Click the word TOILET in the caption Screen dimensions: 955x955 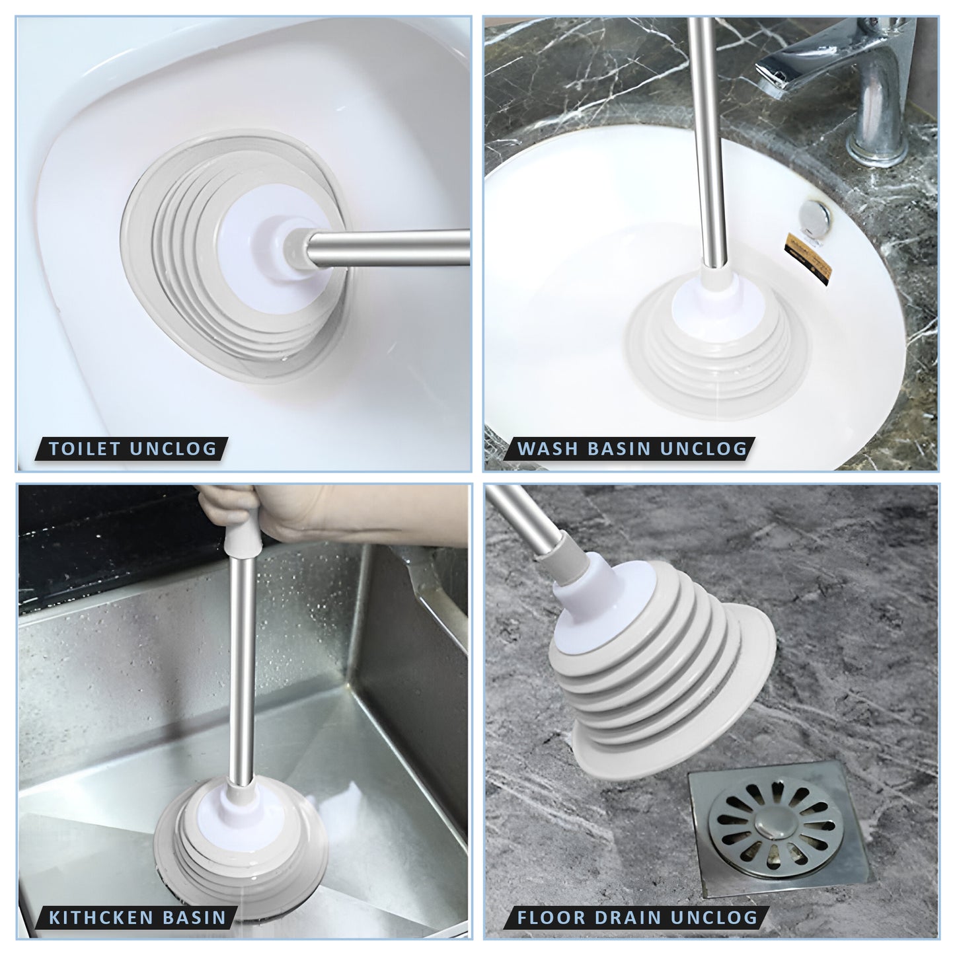[x=84, y=449]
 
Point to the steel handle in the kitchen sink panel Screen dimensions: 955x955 [x=243, y=664]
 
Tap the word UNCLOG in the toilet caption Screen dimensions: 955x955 [x=173, y=449]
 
